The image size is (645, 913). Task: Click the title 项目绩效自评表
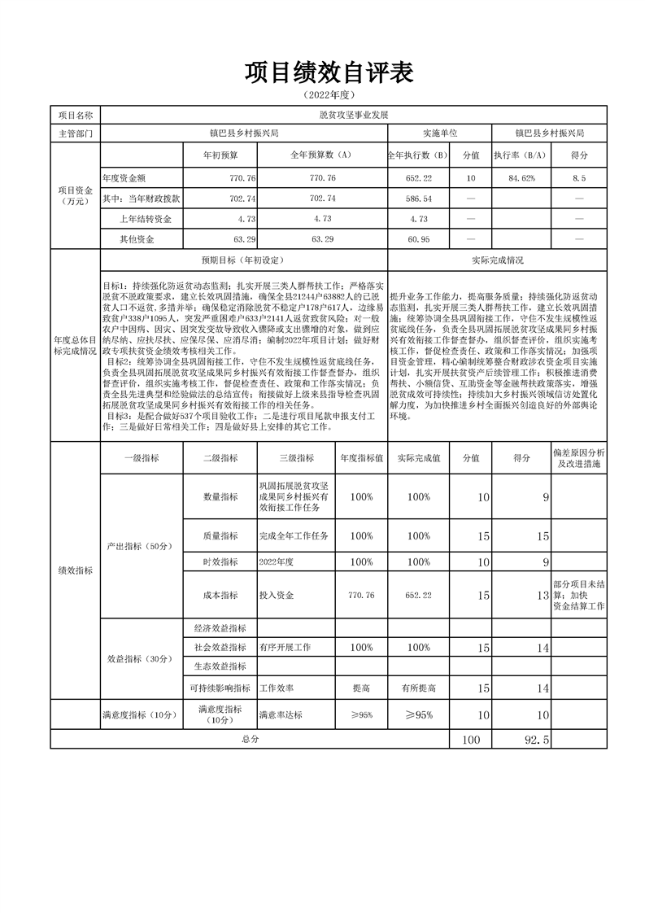(329, 74)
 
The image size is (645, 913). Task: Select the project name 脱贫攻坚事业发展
(354, 116)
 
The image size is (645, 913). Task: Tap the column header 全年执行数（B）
(418, 154)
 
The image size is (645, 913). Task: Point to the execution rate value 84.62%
(522, 177)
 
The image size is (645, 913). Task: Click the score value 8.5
(579, 177)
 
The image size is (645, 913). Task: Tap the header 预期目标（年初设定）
(243, 260)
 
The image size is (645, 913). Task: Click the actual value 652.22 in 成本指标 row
(418, 596)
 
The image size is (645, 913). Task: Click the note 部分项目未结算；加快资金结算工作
(578, 596)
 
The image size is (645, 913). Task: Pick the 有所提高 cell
(418, 688)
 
